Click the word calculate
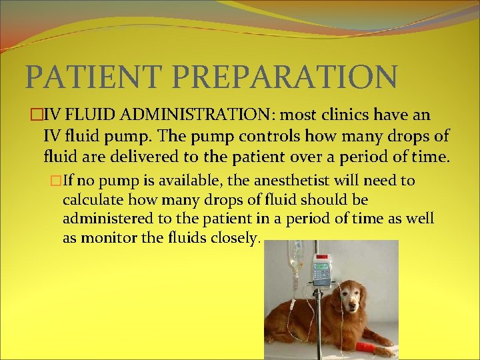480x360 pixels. click(x=91, y=200)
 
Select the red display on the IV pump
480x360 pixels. click(x=323, y=257)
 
